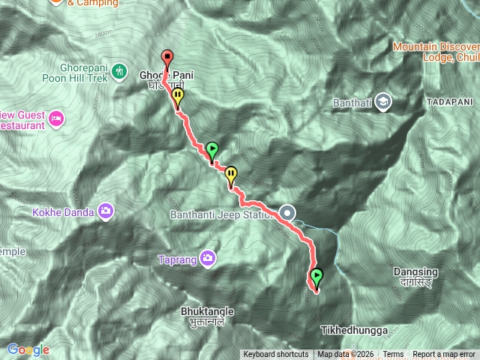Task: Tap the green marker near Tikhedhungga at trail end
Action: click(x=316, y=277)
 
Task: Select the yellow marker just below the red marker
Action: click(x=178, y=98)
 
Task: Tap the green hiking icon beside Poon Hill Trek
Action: click(x=119, y=71)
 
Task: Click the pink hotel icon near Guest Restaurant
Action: click(x=55, y=118)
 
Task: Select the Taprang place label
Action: click(x=177, y=260)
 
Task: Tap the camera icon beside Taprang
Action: click(x=207, y=259)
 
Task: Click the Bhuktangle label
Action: click(x=208, y=310)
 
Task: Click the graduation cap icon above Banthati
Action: click(x=383, y=101)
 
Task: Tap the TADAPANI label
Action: click(x=449, y=100)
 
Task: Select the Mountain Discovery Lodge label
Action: click(x=436, y=52)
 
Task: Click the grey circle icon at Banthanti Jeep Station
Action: click(x=288, y=213)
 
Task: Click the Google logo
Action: click(x=28, y=349)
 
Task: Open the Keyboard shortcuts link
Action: click(x=275, y=355)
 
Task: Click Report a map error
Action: click(x=444, y=355)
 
